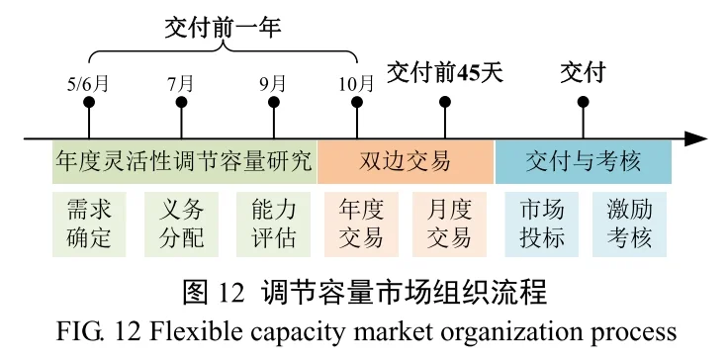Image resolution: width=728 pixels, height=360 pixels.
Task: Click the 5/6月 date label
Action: (88, 84)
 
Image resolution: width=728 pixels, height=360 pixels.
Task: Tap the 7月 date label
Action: (181, 84)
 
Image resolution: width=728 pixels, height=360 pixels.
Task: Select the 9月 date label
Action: (274, 84)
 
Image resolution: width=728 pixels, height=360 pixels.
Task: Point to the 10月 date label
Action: (357, 84)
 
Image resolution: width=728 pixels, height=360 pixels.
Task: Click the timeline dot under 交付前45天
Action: (445, 101)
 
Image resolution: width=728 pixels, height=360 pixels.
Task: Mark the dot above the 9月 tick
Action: (274, 102)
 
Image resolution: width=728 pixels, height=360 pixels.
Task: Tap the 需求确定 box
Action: (88, 224)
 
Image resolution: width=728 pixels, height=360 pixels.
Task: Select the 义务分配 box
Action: (181, 224)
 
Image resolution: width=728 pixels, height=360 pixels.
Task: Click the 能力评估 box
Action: (274, 224)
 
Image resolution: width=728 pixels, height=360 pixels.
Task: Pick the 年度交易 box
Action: (360, 224)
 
